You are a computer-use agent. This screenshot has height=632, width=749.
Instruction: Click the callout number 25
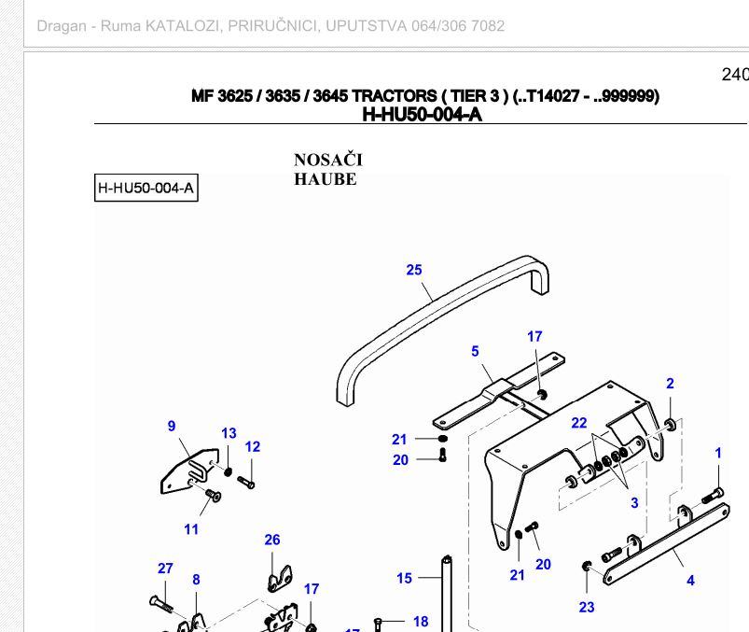click(414, 270)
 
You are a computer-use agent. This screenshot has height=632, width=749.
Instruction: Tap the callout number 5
click(475, 351)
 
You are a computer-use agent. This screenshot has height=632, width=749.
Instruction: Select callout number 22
click(579, 423)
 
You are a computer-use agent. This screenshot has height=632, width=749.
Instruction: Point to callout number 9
click(172, 426)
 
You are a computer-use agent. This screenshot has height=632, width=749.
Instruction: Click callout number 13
click(229, 433)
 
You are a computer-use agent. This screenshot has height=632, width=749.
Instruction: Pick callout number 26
click(272, 540)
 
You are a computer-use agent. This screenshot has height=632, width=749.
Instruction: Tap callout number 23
click(587, 607)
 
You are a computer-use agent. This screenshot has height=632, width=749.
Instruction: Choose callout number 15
click(404, 579)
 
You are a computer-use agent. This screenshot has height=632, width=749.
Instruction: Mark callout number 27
click(165, 569)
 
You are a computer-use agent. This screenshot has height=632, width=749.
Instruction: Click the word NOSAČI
click(328, 160)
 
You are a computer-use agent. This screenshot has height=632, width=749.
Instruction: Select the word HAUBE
click(326, 179)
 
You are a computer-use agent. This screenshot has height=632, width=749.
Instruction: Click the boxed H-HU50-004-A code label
click(146, 188)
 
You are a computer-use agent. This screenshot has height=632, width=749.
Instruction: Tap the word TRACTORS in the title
click(394, 96)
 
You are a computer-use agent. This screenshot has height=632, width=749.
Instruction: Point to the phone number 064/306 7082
click(458, 26)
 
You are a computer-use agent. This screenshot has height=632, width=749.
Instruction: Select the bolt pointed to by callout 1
click(714, 497)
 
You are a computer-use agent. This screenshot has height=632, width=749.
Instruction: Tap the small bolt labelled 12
click(246, 483)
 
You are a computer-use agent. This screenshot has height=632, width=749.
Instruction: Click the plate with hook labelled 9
click(190, 470)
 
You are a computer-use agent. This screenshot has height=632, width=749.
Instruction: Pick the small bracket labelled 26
click(280, 579)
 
